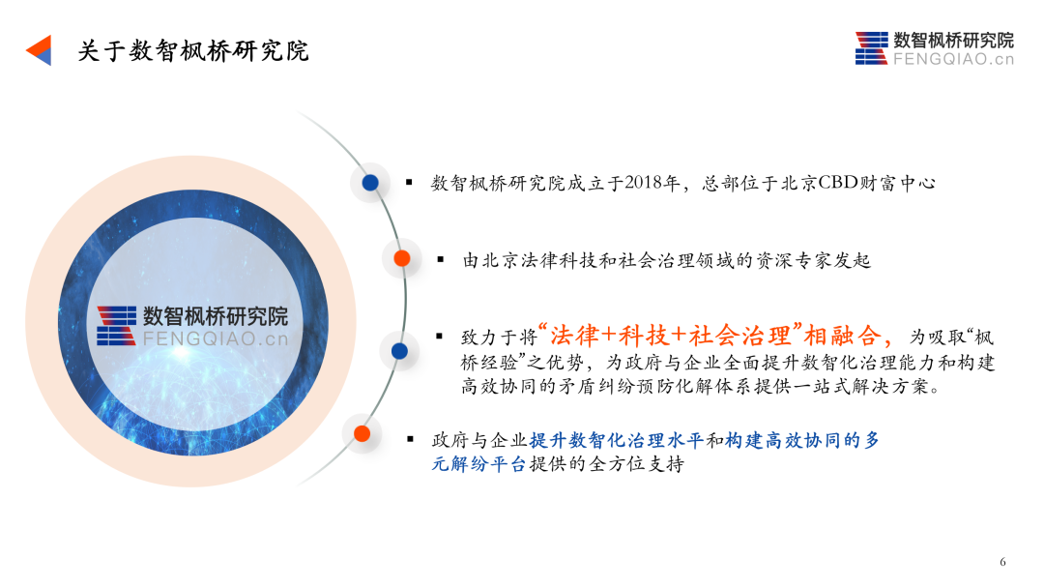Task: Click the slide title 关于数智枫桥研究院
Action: coord(193,51)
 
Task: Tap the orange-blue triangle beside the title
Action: coord(40,50)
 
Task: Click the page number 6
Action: coord(1002,562)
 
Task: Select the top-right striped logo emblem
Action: coord(872,48)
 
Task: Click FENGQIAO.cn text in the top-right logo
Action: coord(953,59)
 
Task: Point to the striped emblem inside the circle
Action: coord(117,326)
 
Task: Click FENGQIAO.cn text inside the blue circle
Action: coord(216,338)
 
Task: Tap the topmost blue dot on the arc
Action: coord(370,183)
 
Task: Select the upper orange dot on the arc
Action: coord(402,258)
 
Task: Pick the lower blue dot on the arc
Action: coord(399,351)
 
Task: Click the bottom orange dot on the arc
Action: coord(362,434)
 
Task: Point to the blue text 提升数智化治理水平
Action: coord(617,440)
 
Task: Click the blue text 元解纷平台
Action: coord(479,464)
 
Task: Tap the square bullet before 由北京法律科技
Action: coord(441,259)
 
